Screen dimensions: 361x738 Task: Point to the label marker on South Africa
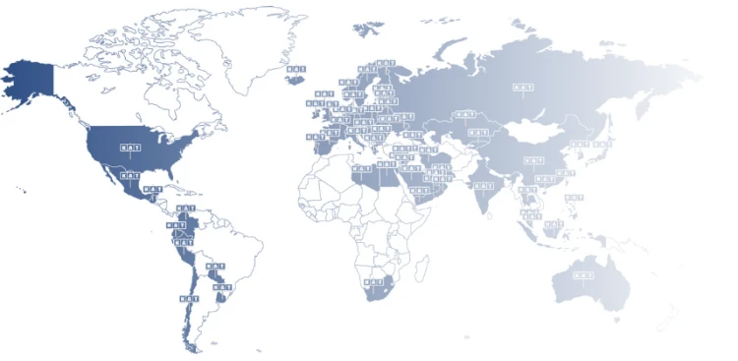[373, 282]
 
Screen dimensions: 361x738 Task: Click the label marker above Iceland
[294, 70]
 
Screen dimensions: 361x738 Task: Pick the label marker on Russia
[523, 88]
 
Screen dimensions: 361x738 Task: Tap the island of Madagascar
[423, 266]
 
